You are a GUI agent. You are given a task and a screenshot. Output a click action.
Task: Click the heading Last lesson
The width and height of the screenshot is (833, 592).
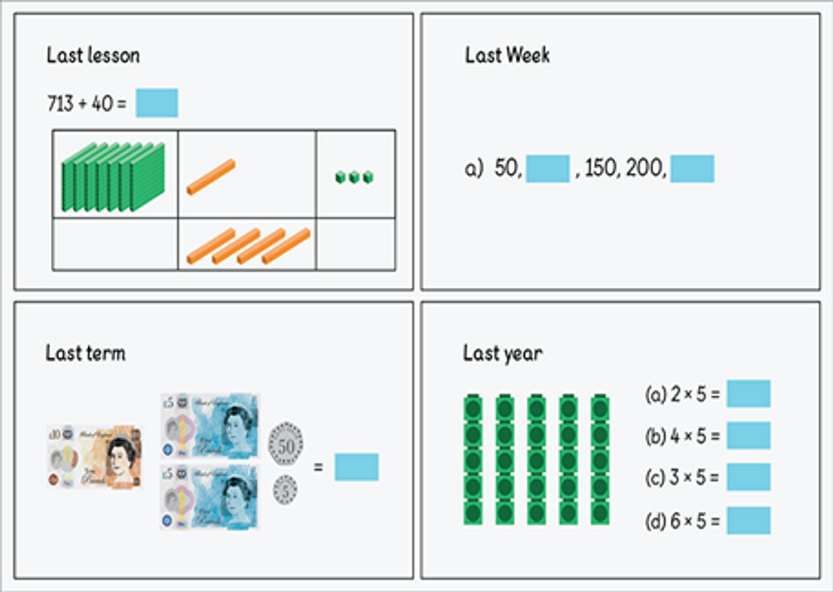pos(93,56)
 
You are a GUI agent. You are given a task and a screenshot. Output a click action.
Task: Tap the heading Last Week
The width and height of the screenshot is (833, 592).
pos(507,56)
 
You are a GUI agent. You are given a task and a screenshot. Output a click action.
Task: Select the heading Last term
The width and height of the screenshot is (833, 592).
pos(85,353)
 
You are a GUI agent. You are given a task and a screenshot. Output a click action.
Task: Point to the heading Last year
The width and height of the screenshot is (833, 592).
pos(503,354)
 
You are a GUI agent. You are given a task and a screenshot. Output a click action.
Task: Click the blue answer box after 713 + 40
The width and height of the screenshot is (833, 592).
pos(157,103)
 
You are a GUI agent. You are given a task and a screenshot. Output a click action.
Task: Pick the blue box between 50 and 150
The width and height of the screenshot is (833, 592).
pos(548,169)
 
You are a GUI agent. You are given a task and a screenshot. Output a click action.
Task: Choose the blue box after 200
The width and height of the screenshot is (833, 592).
pos(692,169)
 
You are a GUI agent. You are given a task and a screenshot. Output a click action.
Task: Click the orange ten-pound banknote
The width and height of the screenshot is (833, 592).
pos(94,457)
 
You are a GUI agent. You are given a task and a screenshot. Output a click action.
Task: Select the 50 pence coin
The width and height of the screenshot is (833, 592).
pos(285,443)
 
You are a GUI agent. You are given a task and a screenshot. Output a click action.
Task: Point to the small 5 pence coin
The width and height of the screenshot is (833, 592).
pos(285,490)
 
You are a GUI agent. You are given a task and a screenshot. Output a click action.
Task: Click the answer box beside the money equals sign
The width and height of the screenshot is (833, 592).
pos(356,467)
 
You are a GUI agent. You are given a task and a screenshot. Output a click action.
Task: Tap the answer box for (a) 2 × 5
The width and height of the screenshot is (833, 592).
pos(748,394)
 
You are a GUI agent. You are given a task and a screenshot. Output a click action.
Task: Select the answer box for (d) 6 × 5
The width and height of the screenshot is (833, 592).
pos(748,521)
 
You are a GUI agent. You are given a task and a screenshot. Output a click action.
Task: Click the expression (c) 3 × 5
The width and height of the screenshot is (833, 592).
pos(682,477)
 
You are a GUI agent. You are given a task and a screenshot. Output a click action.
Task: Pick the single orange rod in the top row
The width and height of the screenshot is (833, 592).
pos(211,177)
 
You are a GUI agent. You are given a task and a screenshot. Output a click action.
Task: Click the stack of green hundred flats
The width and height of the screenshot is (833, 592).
pos(113,177)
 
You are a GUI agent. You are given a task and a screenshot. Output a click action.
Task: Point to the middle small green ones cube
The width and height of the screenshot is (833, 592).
pos(355,177)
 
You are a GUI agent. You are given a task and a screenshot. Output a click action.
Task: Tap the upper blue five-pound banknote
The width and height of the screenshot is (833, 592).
pos(210,426)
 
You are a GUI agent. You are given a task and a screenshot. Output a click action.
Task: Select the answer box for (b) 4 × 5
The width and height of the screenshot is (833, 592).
pos(748,435)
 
